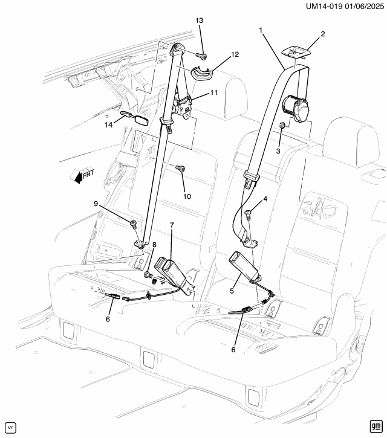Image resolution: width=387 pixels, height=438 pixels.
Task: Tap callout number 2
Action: [323, 34]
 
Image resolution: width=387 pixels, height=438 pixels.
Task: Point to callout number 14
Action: [108, 125]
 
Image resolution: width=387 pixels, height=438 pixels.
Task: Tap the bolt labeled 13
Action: [203, 57]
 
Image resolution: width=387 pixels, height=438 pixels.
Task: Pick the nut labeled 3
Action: [282, 126]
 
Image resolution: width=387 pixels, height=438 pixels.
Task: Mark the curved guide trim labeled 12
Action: [202, 74]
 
